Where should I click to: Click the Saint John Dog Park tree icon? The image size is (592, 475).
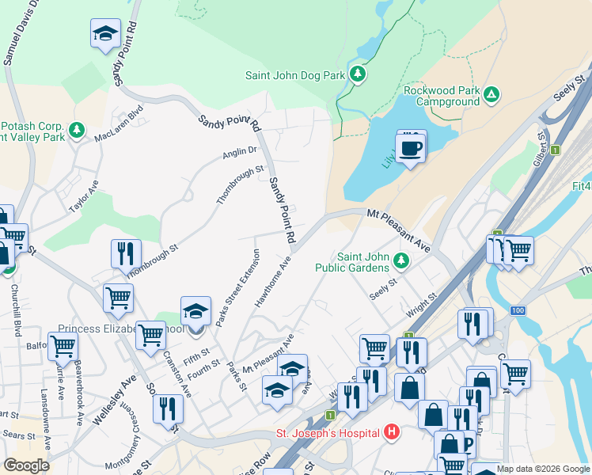359,74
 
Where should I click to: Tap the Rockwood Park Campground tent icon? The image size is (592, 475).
491,94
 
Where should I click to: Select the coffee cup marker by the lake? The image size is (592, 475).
410,147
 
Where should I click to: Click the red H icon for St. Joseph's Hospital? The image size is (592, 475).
389,433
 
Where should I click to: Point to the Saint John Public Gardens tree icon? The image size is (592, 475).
401,260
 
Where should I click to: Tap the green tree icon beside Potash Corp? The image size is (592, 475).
77,130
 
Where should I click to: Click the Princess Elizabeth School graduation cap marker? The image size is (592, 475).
195,312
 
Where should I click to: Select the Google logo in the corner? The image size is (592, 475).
26,465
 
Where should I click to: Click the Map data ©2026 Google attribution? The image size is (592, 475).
543,469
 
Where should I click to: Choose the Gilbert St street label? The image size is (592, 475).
544,148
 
